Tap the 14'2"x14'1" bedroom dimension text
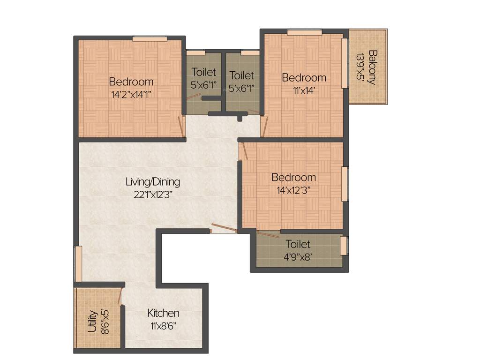(131, 94)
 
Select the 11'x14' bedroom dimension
(303, 91)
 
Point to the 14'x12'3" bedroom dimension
(294, 190)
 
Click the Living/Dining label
(153, 181)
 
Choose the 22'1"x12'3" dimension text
(153, 195)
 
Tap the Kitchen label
(163, 313)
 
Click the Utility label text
(92, 321)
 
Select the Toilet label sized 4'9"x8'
(298, 244)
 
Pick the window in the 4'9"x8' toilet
(344, 246)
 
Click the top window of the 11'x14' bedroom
(304, 32)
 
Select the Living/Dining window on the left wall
(78, 264)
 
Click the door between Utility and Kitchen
(120, 297)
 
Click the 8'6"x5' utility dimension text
(105, 321)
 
